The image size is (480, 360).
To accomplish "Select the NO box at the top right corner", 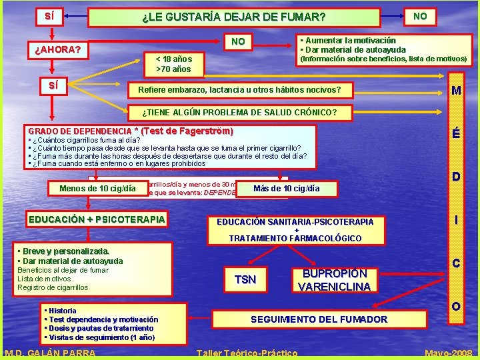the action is [x=420, y=16].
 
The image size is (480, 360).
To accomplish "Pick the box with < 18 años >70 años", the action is [x=173, y=64].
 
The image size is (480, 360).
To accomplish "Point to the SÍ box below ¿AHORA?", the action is [x=53, y=86].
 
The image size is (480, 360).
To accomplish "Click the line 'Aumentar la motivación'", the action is [x=348, y=41].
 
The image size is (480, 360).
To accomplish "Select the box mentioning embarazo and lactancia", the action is [x=239, y=90].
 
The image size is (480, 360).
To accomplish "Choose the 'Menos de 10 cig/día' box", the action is [x=93, y=189].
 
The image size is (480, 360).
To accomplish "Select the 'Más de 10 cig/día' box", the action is [x=287, y=189].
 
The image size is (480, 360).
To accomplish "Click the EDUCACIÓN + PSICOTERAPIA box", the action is [x=97, y=219].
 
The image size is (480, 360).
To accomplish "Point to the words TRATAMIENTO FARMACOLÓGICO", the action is [x=295, y=238].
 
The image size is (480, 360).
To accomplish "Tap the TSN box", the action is [x=245, y=280].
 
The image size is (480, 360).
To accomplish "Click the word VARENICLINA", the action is [x=334, y=287].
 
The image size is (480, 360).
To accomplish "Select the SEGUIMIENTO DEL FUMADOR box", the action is [x=319, y=319].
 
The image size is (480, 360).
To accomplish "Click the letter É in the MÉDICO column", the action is [x=456, y=133].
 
